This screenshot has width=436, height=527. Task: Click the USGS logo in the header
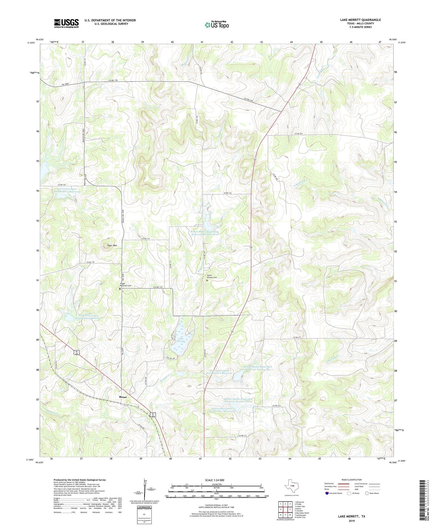(66, 23)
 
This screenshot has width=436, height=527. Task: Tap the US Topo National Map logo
(217, 25)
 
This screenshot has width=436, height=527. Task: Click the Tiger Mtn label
(112, 246)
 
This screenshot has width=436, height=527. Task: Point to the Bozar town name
(123, 397)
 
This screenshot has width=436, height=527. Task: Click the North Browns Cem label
(212, 276)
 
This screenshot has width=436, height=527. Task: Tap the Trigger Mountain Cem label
(126, 285)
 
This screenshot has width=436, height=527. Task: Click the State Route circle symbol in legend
(367, 493)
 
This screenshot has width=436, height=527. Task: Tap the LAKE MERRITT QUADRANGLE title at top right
(360, 20)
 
